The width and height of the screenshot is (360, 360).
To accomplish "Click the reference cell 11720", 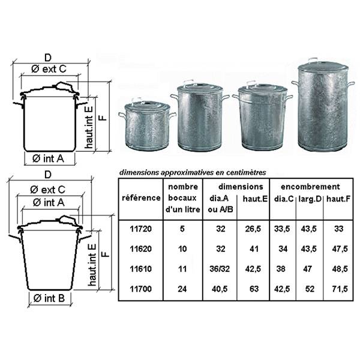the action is pos(141,229).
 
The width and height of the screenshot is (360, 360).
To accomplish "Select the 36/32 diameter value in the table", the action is pos(220,269).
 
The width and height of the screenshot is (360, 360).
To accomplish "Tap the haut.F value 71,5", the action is pos(340,289).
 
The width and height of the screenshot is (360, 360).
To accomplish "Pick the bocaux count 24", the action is pos(182,289).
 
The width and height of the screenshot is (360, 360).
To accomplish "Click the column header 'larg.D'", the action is pos(310,199).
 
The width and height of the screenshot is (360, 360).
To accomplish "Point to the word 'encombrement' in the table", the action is pos(310,187).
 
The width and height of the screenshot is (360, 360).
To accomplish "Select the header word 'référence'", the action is pos(141,197).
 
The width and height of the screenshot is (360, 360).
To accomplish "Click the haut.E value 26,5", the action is pos(253,229).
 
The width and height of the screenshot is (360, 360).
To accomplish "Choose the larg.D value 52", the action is pos(310,289).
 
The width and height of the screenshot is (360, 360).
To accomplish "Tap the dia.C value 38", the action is pos(281,269).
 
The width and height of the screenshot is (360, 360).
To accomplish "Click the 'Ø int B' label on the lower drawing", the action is pos(49,298).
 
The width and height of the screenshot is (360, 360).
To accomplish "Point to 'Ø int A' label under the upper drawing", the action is pos(48,158).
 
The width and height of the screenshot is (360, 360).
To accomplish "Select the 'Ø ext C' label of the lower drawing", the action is pos(48,190).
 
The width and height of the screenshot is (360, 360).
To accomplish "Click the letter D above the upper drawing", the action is pos(48,58).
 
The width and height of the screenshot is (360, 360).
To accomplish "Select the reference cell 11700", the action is pos(141,289).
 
